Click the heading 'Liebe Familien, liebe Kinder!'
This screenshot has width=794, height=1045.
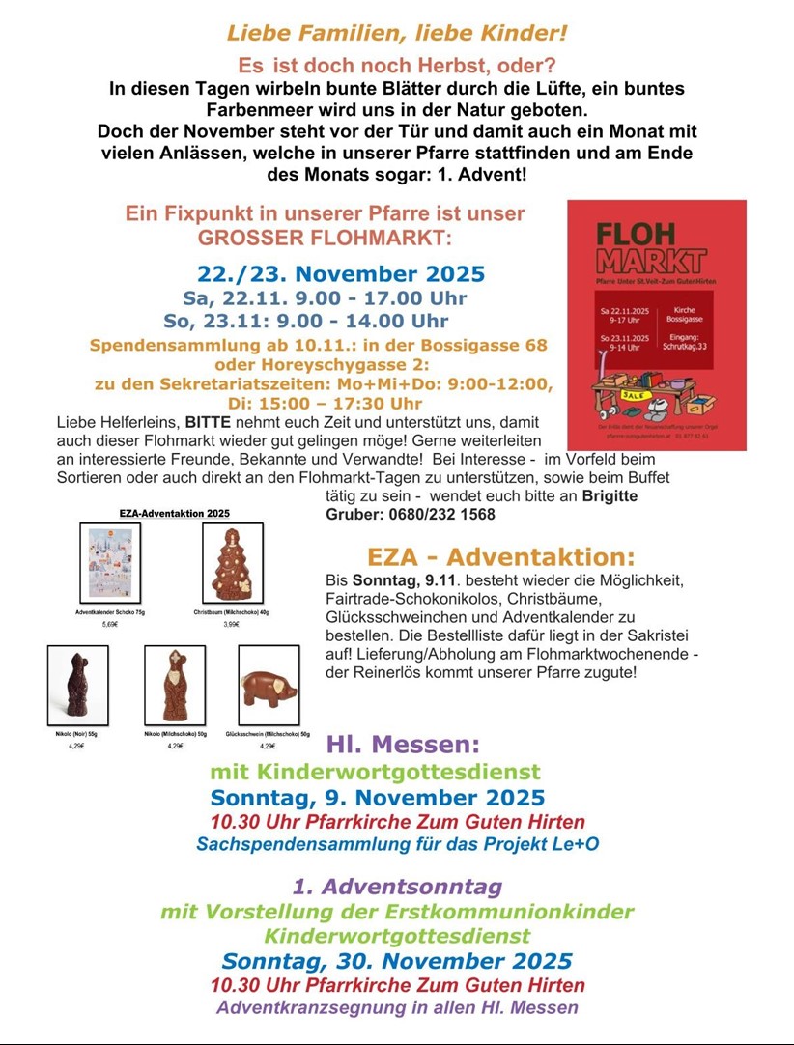(397, 33)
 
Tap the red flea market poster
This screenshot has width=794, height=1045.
(657, 324)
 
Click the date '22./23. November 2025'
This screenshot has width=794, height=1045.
(341, 273)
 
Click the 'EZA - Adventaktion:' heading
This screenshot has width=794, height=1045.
(501, 557)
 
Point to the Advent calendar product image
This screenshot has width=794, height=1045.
(109, 562)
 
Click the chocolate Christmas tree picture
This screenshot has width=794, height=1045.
(232, 562)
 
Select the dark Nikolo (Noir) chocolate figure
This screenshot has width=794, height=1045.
(77, 685)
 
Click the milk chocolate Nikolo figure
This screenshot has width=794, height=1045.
(175, 685)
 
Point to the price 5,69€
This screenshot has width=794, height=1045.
(109, 625)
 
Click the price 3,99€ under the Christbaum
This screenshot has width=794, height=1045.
(232, 625)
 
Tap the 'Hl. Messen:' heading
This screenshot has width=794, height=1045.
(403, 745)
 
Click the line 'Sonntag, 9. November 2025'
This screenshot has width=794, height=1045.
(378, 798)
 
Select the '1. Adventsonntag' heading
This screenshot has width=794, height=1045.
(397, 886)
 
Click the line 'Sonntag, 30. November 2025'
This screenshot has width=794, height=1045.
(397, 961)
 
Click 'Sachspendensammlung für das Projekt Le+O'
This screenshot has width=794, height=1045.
(397, 844)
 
